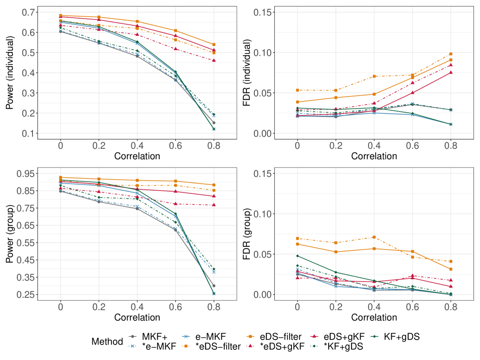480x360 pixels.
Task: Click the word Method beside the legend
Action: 107,341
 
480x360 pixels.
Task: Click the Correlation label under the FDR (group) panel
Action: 374,318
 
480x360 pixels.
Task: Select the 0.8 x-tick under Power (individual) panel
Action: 214,145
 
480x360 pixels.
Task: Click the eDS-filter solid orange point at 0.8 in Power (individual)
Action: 214,45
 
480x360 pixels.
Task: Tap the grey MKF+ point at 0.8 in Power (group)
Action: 214,286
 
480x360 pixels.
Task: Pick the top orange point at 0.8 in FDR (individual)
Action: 451,54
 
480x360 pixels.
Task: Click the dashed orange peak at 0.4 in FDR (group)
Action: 374,237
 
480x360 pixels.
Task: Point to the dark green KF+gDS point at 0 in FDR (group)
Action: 297,256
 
